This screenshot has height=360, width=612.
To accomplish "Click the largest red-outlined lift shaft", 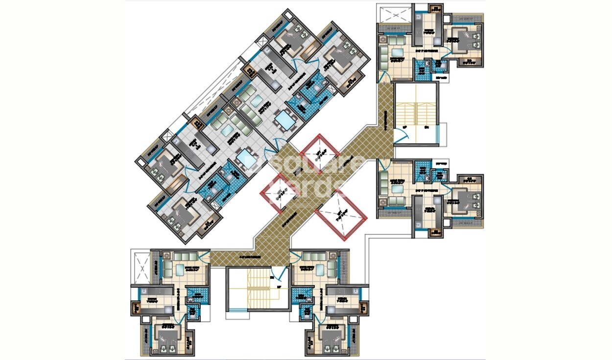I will [x=341, y=215].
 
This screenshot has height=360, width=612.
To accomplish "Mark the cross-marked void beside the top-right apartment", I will [x=395, y=14].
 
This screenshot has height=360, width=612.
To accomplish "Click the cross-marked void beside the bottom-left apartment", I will [x=141, y=269].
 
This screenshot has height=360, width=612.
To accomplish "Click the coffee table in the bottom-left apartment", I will [x=180, y=269].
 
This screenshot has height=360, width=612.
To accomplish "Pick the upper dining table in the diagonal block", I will [x=283, y=119].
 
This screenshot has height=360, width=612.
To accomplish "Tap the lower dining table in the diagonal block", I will [x=244, y=160].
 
